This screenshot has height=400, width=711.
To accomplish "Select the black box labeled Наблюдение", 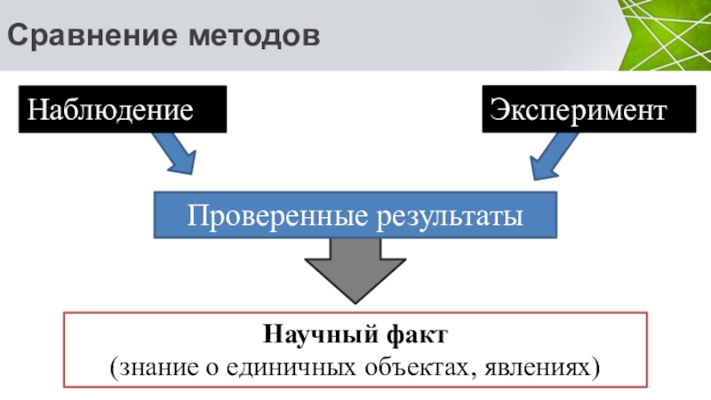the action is [122, 109].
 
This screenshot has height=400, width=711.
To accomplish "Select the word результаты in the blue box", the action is [450, 215].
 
